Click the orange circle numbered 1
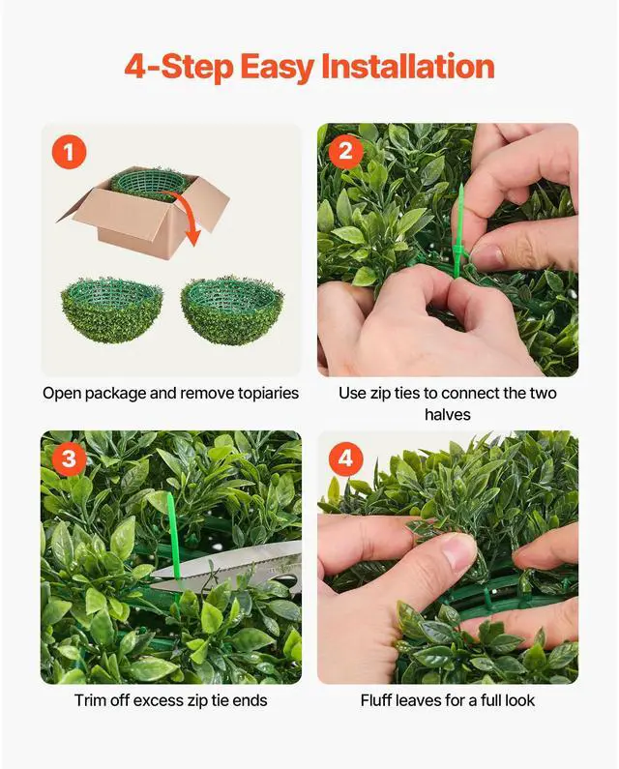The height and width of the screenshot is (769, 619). (x=69, y=152)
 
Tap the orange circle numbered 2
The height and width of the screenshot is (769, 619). (x=345, y=152)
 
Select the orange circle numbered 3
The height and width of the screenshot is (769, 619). (x=69, y=458)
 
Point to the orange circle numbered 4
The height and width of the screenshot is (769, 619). (x=345, y=458)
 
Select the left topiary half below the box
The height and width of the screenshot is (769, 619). (x=110, y=314)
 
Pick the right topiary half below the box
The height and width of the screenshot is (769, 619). (x=231, y=314)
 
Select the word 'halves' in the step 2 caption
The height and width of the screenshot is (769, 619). (x=447, y=415)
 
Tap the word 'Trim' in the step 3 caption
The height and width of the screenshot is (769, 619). (x=92, y=700)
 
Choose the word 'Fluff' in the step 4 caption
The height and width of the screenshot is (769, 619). (x=379, y=700)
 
